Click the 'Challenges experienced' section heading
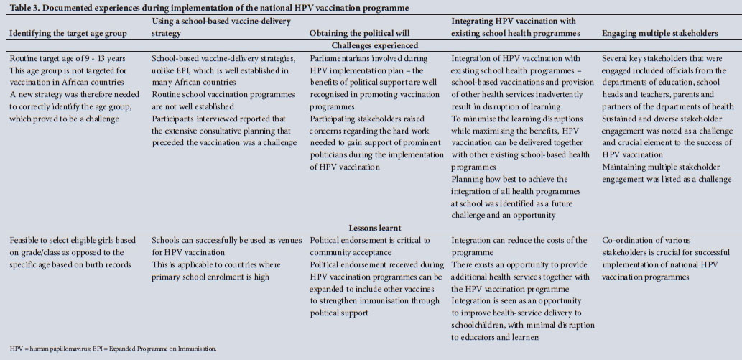pos(371,45)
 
